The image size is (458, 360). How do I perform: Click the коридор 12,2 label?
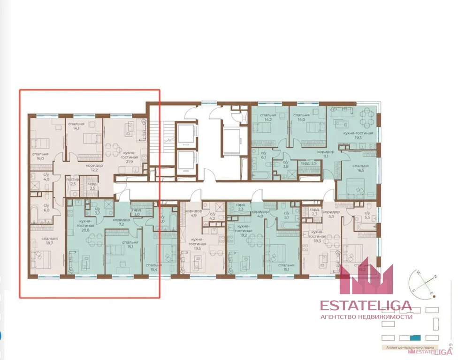94,168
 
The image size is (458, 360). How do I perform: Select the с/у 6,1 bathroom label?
263,156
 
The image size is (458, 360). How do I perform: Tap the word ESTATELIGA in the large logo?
366,306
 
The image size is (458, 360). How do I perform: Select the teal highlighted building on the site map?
415,337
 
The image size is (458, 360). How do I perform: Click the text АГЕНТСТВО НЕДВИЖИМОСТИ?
366,317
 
